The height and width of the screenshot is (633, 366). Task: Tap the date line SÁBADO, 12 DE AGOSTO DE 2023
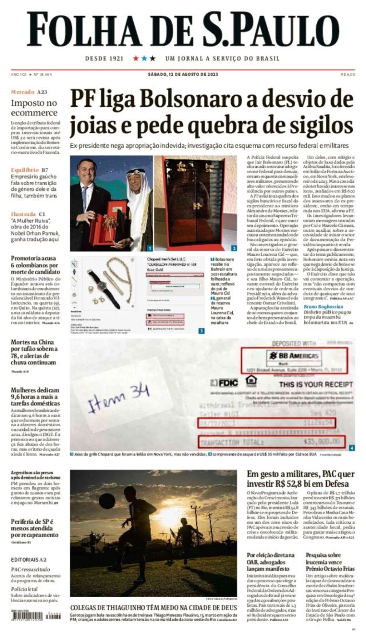(183, 75)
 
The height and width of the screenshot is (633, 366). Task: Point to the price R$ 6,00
(348, 75)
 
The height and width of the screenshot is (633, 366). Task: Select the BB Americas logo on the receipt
(294, 356)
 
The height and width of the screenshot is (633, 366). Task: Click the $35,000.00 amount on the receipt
(322, 442)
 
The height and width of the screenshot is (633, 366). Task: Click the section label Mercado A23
(29, 92)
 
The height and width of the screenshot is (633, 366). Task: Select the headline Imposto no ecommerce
(34, 108)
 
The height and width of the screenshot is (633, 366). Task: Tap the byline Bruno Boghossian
(323, 307)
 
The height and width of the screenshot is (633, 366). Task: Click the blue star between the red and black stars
(144, 58)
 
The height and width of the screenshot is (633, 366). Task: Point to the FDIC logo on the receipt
(224, 383)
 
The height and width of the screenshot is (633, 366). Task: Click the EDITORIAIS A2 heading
(29, 559)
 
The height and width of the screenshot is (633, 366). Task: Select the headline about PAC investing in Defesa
(300, 479)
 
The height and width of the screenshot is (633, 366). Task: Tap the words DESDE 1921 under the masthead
(104, 59)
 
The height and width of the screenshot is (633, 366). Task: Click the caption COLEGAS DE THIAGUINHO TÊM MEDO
(153, 608)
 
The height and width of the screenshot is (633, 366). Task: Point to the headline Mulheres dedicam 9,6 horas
(35, 397)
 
